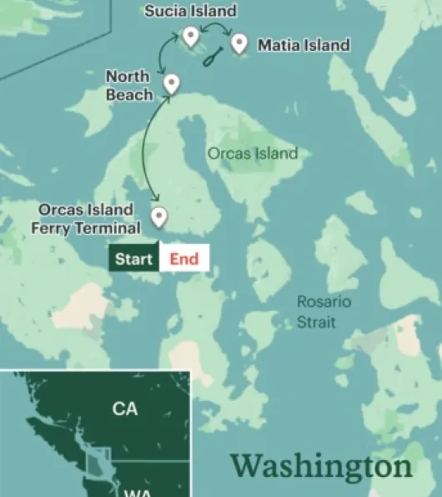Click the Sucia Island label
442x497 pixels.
(190, 12)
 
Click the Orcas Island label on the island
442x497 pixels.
(252, 154)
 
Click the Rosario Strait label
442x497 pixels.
(324, 311)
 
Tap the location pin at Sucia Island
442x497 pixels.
(191, 36)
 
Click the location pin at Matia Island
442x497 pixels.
(239, 43)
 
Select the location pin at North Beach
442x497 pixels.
(172, 83)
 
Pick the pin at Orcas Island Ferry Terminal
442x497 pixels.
(158, 216)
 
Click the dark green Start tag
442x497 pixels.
(133, 259)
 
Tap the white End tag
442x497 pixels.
(184, 259)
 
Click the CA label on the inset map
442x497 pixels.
(125, 409)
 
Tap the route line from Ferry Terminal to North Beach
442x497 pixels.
(145, 150)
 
